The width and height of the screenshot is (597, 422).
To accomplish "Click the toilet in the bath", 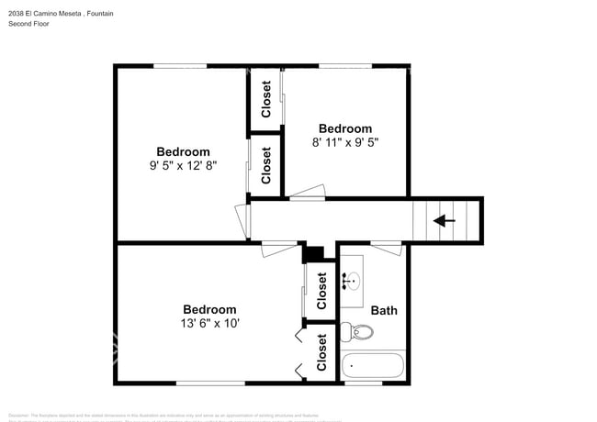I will (x=354, y=332).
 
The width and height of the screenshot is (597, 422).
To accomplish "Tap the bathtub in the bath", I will (x=372, y=367).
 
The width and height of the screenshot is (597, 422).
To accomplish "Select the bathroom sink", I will (x=353, y=280).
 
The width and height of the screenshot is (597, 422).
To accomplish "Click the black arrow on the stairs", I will (x=445, y=220).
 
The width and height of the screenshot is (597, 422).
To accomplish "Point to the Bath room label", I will (x=384, y=310).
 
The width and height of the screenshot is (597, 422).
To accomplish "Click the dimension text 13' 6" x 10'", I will (x=209, y=324).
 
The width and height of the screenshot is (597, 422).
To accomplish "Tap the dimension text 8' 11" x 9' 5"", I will (x=345, y=142).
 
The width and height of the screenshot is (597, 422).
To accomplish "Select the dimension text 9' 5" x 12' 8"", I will (x=183, y=166).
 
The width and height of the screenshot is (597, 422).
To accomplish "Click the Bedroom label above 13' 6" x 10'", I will (x=209, y=310).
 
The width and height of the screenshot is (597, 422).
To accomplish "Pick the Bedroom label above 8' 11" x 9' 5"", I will (x=345, y=128).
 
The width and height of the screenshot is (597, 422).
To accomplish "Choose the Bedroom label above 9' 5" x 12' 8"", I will (x=183, y=152).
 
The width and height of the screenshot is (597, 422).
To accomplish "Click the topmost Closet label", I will (x=266, y=99).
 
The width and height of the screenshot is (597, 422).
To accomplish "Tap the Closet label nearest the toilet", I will (x=321, y=352).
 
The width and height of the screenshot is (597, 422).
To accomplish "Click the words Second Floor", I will (x=28, y=24).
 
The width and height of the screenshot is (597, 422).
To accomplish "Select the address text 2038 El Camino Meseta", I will (x=44, y=12).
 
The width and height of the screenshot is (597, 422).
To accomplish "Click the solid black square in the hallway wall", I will (x=314, y=253).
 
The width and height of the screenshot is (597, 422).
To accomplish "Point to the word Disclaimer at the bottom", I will (x=22, y=415).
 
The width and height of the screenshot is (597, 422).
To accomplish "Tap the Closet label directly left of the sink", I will (x=321, y=291).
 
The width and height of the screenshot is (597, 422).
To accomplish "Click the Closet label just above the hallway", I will (x=266, y=166).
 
